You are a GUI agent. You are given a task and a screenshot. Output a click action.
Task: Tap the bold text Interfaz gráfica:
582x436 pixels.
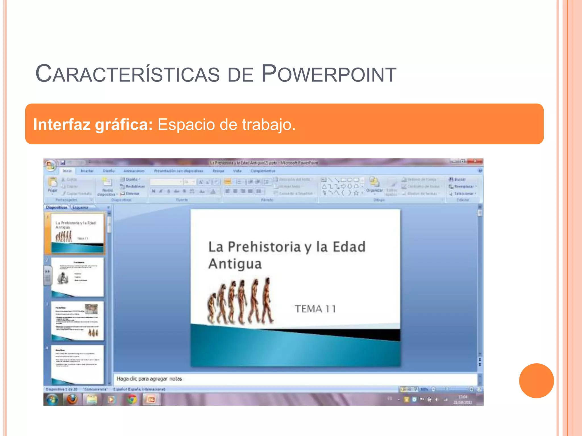(x=93, y=124)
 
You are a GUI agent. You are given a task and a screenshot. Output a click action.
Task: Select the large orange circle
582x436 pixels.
(x=536, y=380)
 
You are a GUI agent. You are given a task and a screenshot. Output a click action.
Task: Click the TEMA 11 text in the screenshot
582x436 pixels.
(x=315, y=309)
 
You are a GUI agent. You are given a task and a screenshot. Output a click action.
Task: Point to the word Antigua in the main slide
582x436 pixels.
(x=235, y=264)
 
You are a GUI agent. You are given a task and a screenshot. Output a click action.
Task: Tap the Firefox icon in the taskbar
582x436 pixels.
(x=72, y=399)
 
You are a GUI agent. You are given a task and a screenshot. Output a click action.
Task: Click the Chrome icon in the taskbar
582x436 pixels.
(x=131, y=400)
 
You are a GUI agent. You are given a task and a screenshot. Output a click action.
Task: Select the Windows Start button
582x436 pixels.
(x=52, y=400)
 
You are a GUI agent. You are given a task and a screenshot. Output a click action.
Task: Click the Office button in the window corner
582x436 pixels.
(x=50, y=165)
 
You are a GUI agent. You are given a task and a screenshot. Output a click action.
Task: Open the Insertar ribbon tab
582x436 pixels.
(x=87, y=171)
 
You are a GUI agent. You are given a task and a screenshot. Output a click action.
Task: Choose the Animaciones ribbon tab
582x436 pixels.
(x=134, y=171)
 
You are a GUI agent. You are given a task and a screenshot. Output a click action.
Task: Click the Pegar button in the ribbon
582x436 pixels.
(x=53, y=185)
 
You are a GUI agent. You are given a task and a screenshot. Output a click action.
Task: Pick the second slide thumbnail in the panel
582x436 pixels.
(x=77, y=277)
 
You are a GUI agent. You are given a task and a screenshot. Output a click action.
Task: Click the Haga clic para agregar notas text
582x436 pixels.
(x=149, y=379)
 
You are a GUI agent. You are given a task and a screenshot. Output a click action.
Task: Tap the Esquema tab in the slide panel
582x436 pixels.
(x=80, y=207)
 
